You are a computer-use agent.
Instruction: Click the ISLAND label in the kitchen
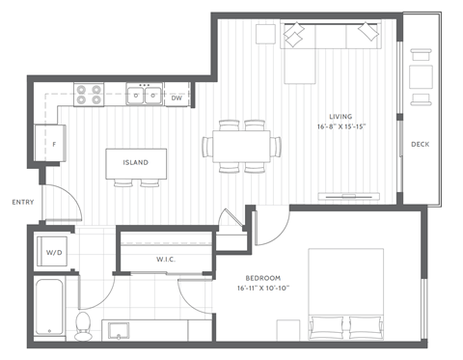pyautogui.click(x=135, y=162)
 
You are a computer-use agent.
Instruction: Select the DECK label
pyautogui.click(x=420, y=145)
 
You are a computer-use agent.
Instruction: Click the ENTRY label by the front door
pyautogui.click(x=22, y=202)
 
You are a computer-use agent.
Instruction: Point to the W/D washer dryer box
pyautogui.click(x=55, y=252)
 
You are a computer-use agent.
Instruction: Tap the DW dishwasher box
pyautogui.click(x=177, y=97)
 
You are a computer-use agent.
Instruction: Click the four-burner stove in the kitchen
pyautogui.click(x=89, y=95)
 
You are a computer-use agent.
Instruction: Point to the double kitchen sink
pyautogui.click(x=146, y=96)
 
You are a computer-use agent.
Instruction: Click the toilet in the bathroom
pyautogui.click(x=84, y=323)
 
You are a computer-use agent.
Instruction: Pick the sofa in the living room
pyautogui.click(x=329, y=38)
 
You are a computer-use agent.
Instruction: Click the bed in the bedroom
pyautogui.click(x=347, y=294)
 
